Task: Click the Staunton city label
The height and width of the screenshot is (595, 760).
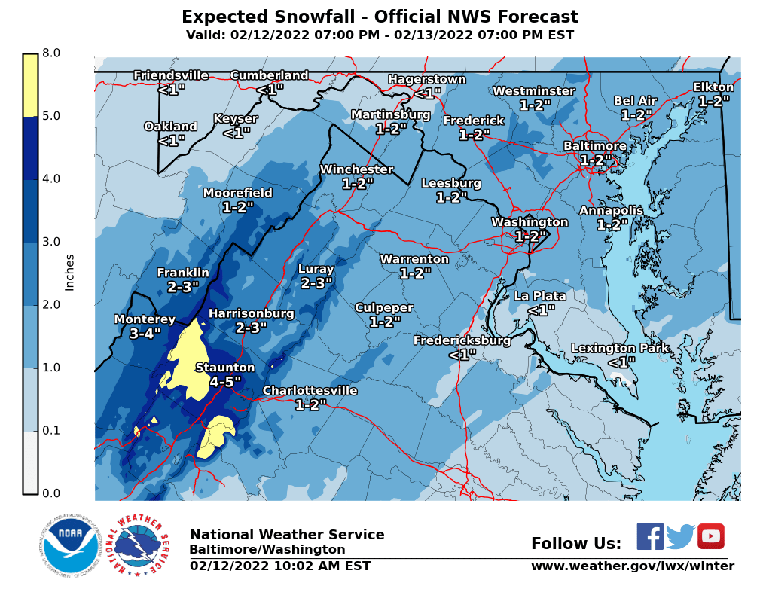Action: (224, 368)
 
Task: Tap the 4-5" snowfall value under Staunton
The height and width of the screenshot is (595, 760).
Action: (224, 382)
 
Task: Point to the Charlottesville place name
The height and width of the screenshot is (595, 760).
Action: (310, 391)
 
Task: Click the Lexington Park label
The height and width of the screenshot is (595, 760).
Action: (614, 348)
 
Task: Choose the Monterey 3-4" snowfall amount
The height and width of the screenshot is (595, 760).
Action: (145, 334)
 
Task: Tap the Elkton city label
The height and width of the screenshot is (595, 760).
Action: (713, 87)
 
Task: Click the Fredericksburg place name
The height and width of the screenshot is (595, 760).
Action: (462, 341)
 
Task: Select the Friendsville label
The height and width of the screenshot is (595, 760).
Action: (171, 75)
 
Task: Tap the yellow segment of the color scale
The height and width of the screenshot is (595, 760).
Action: (30, 85)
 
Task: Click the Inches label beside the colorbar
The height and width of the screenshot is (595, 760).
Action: (70, 273)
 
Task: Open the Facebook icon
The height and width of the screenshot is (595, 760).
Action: (650, 537)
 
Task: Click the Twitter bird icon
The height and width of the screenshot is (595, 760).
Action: (680, 537)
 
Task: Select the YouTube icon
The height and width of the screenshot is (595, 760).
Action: (710, 537)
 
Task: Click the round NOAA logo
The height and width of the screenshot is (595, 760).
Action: (70, 546)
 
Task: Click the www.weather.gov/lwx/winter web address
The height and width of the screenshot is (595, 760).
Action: (632, 566)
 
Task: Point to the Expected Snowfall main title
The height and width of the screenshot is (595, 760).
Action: (380, 17)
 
